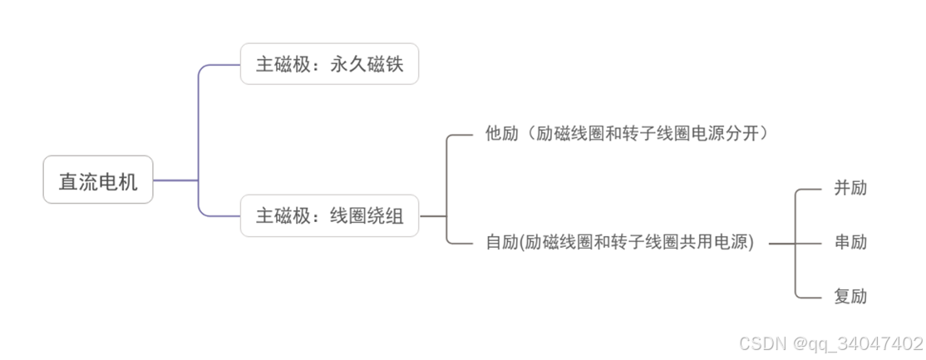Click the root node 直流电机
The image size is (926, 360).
[98, 180]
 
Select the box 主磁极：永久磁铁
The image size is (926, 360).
[329, 64]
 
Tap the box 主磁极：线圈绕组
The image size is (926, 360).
[329, 216]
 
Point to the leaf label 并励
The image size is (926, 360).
[850, 188]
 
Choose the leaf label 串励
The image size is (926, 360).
[850, 242]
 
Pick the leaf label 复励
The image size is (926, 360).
[850, 296]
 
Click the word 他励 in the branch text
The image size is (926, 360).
[502, 133]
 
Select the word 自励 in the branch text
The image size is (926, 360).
[502, 243]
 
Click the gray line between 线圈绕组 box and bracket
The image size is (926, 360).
[432, 216]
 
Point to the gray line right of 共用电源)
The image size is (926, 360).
[781, 243]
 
